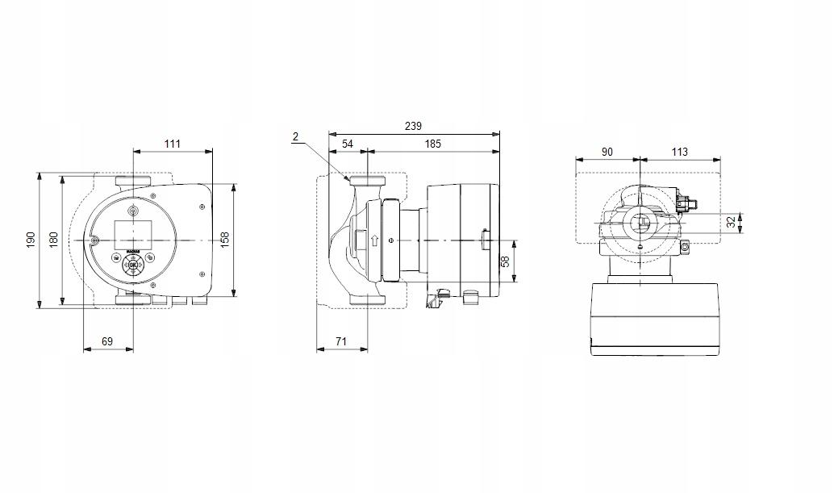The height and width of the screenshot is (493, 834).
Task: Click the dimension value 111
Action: click(172, 144)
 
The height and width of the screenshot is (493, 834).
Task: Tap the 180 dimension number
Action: click(54, 240)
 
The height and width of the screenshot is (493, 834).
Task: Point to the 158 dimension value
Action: click(226, 240)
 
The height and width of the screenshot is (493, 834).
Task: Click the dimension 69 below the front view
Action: click(107, 341)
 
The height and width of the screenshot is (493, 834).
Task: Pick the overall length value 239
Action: click(413, 127)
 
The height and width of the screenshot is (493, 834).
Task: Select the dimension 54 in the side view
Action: click(348, 144)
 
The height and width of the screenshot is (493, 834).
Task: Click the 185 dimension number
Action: click(432, 144)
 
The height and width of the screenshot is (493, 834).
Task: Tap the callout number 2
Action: click(296, 137)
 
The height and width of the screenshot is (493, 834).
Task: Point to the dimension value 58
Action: click(505, 261)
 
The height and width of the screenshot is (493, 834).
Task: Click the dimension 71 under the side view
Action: click(340, 341)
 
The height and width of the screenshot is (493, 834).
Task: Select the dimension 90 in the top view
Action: click(607, 152)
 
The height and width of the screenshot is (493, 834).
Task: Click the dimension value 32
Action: click(732, 222)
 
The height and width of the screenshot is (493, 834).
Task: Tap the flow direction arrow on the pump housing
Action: click(373, 240)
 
